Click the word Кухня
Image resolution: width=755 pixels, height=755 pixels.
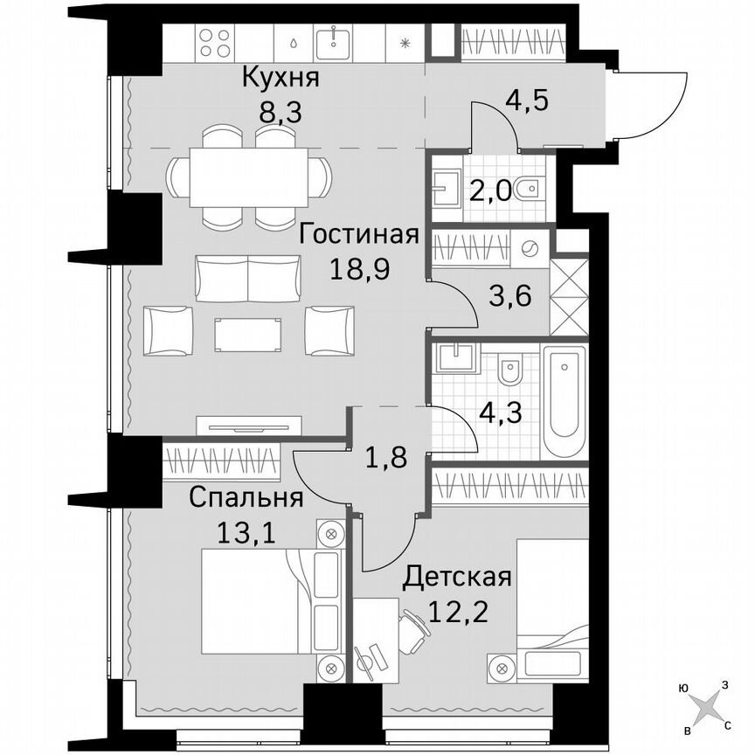(x=281, y=78)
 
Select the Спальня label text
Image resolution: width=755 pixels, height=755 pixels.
(x=246, y=499)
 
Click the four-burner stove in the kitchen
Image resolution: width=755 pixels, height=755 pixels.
(x=215, y=41)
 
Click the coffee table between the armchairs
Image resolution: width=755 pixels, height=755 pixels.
(x=249, y=332)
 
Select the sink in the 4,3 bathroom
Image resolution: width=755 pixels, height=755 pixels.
(x=456, y=358)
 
